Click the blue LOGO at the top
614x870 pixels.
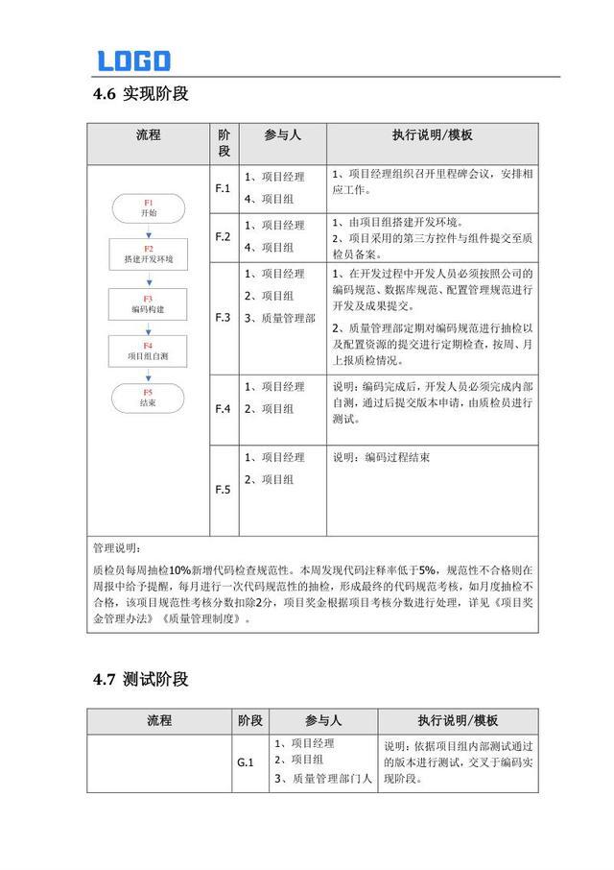(133, 60)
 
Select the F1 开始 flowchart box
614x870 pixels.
(148, 208)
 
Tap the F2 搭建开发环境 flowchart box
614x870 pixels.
(148, 254)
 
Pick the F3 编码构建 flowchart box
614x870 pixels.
(148, 304)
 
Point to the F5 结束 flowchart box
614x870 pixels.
(148, 398)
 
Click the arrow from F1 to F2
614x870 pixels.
(148, 231)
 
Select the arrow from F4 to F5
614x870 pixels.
(148, 375)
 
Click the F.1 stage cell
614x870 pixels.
(223, 188)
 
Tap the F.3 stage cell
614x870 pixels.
(223, 317)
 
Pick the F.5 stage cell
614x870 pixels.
(223, 490)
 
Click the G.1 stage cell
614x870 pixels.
(246, 763)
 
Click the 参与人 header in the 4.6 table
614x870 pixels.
(282, 135)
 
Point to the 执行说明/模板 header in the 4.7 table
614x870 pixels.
(458, 720)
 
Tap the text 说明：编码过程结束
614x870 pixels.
(382, 457)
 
